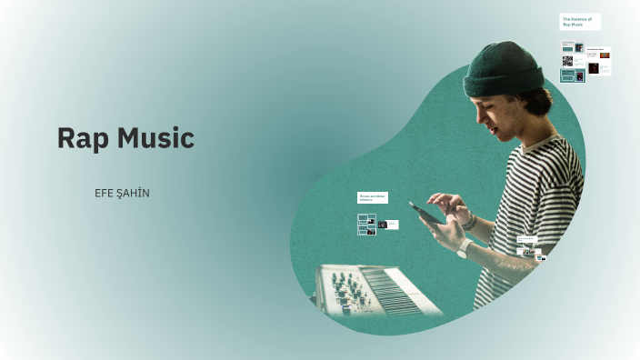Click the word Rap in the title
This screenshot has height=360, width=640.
click(x=76, y=139)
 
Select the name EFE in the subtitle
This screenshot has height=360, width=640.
click(x=106, y=194)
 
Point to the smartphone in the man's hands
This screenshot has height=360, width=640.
click(x=426, y=212)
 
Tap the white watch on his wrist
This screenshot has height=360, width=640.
click(x=464, y=247)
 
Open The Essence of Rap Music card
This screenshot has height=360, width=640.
click(x=579, y=22)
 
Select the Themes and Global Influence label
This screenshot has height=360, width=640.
click(x=373, y=197)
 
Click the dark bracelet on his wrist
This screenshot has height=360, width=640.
click(x=470, y=221)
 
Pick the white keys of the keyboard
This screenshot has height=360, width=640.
click(x=401, y=295)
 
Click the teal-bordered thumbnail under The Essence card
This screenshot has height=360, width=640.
click(x=573, y=75)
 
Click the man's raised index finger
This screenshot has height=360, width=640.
click(x=435, y=199)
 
